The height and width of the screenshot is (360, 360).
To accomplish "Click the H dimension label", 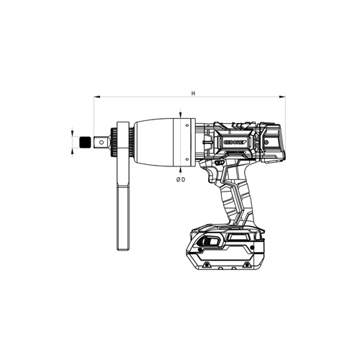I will click(192, 93).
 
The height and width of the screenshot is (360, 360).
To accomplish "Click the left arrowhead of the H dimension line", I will click(94, 98).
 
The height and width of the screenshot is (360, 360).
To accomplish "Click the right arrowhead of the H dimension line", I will click(284, 98).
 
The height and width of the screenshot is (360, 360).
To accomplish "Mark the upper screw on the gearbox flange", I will click(189, 125).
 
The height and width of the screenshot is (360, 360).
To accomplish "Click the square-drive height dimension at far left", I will click(72, 142).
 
